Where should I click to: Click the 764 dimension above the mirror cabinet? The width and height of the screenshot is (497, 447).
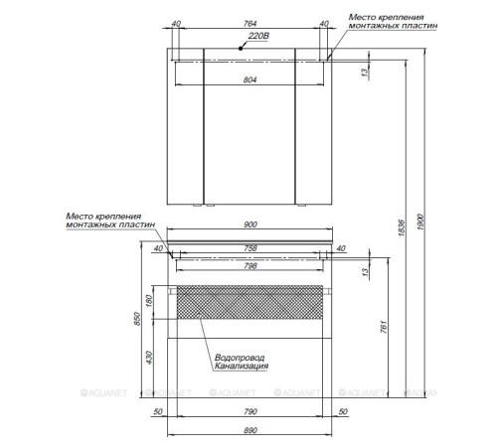249,24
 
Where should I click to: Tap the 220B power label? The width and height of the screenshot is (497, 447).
258,36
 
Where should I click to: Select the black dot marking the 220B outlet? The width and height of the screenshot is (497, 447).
241,49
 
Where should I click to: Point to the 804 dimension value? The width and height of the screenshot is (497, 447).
249,79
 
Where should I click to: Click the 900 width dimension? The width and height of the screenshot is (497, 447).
250,224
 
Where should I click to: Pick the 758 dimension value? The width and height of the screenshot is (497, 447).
250,248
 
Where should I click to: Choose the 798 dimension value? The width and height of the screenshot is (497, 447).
250,265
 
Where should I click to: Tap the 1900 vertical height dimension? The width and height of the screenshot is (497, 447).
420,223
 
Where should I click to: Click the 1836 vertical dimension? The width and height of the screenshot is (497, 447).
402,227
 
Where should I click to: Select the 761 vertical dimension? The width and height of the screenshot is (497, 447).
383,327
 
